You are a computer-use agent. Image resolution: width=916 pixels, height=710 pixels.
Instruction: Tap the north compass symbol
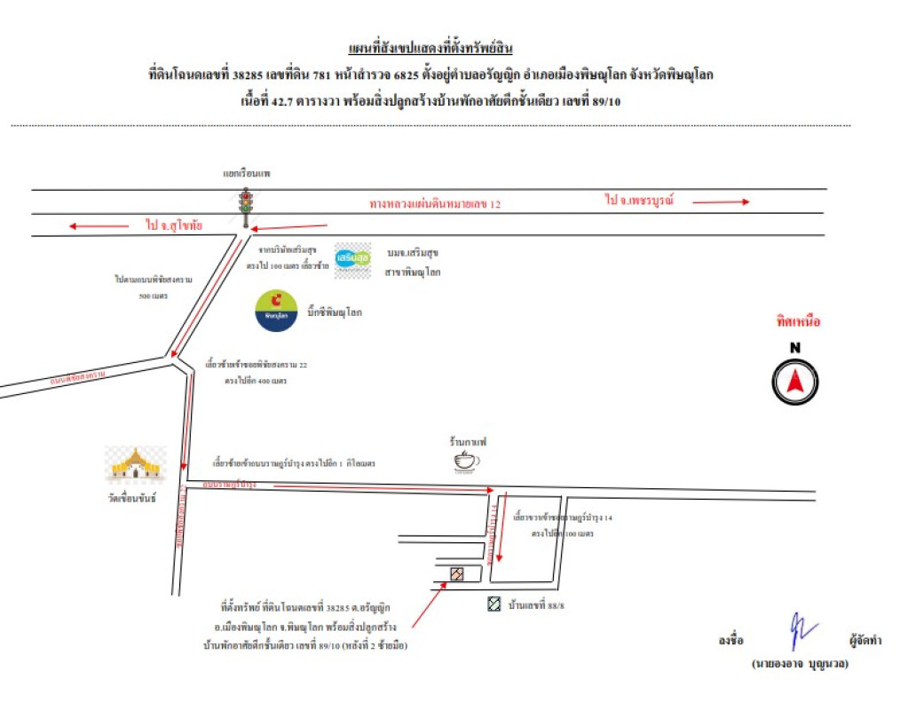pyautogui.click(x=794, y=383)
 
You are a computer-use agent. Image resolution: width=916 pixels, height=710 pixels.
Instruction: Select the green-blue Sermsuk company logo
pyautogui.click(x=352, y=259)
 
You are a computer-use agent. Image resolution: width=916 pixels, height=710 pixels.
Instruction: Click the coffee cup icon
pyautogui.click(x=465, y=461)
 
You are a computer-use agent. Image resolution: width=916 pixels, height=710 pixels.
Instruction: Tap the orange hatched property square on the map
pyautogui.click(x=457, y=574)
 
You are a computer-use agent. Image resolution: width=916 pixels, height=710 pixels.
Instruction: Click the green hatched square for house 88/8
pyautogui.click(x=494, y=605)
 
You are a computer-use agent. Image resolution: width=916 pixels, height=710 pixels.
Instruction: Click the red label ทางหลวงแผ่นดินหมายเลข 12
pyautogui.click(x=435, y=204)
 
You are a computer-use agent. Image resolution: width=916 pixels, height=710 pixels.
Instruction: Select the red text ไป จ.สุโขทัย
pyautogui.click(x=174, y=226)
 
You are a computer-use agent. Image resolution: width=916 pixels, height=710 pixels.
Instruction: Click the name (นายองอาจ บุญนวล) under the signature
pyautogui.click(x=799, y=664)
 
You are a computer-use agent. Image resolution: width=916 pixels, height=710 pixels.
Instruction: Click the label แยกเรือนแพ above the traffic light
pyautogui.click(x=247, y=174)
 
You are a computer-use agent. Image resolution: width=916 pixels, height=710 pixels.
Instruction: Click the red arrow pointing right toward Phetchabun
pyautogui.click(x=721, y=202)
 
